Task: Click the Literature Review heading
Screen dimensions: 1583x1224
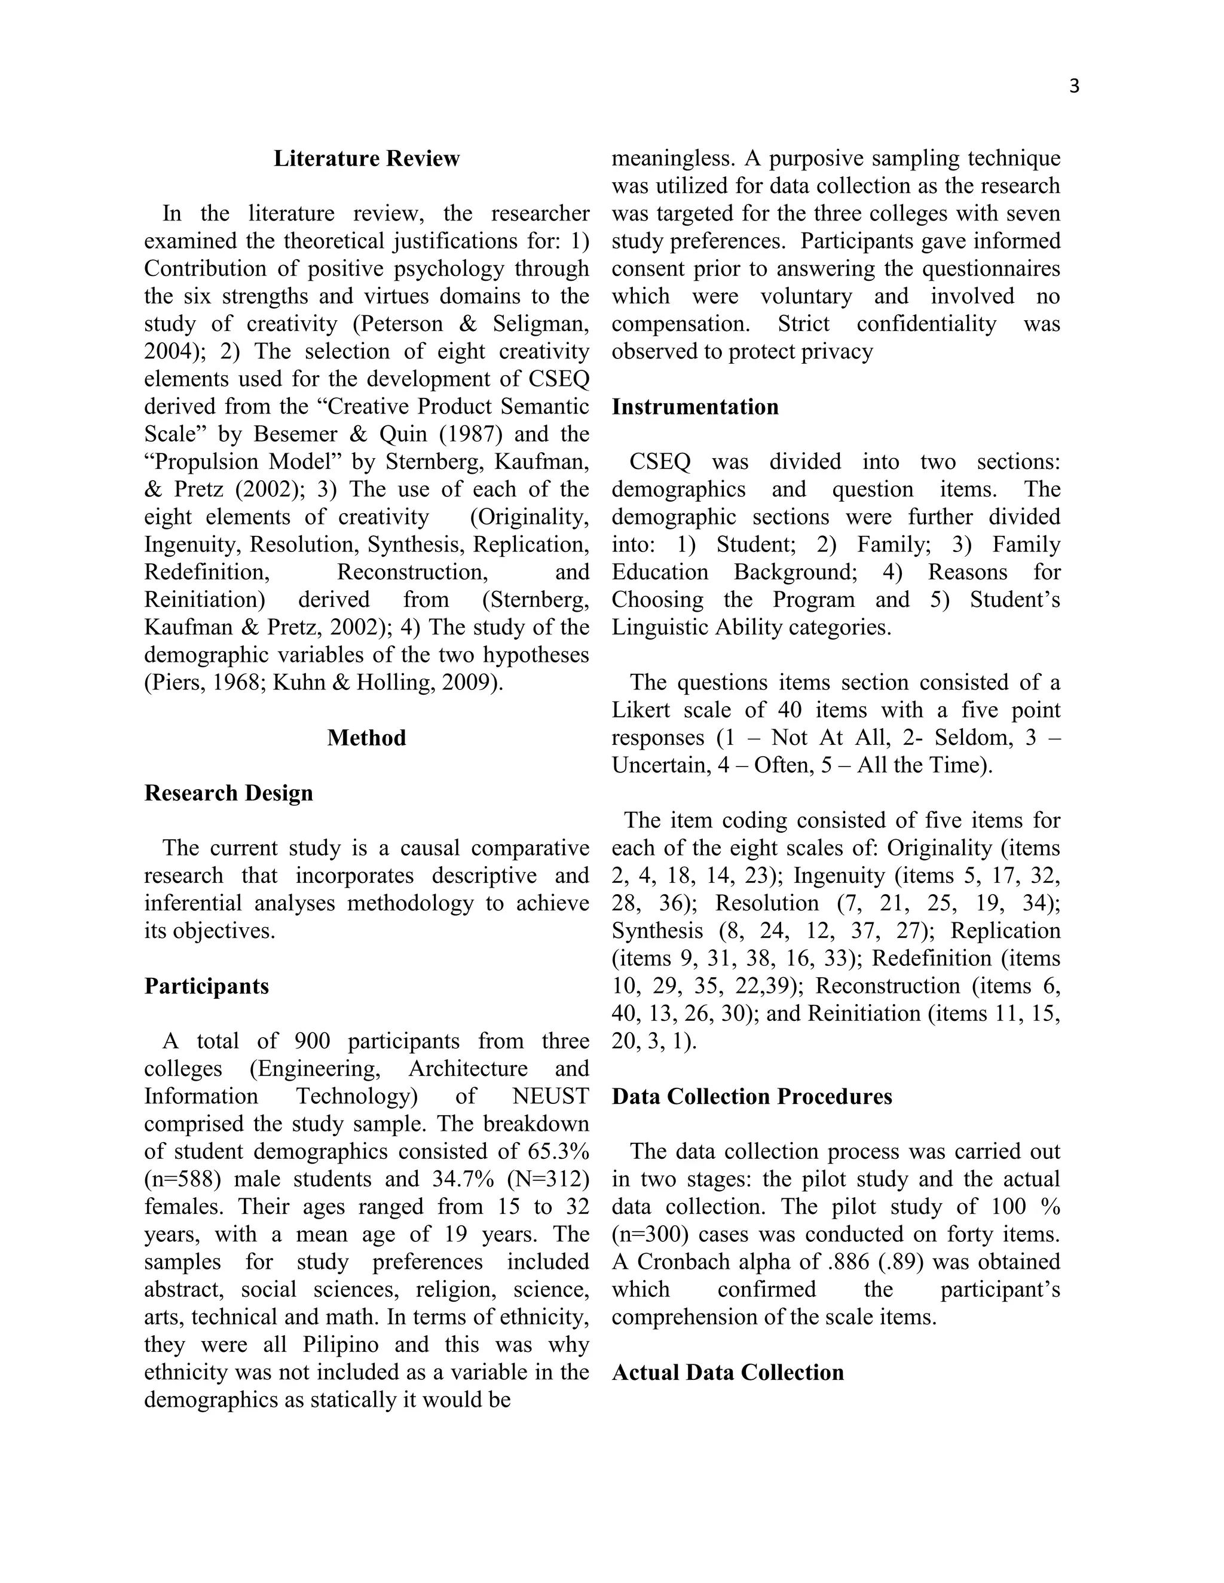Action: pos(366,159)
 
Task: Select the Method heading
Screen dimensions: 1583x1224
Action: pos(366,738)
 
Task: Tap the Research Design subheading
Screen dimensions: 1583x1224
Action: pos(228,793)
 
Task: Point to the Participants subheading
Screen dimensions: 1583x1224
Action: pos(207,986)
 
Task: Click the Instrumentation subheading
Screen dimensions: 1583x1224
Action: pos(694,407)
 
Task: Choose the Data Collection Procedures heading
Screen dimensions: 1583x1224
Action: pos(752,1097)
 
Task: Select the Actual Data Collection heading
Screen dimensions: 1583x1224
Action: pos(727,1372)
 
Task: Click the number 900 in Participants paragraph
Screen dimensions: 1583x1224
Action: pos(313,1042)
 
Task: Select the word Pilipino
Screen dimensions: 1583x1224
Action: pos(341,1345)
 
